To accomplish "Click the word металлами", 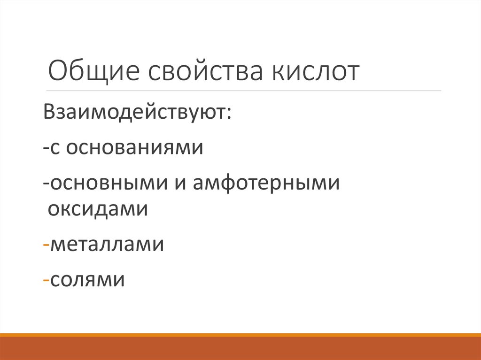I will pos(107,245).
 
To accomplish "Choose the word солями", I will pos(87,280).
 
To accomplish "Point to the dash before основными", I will pos(45,184).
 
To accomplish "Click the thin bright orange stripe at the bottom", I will pos(240,335).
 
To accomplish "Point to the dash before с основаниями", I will pos(45,149).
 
